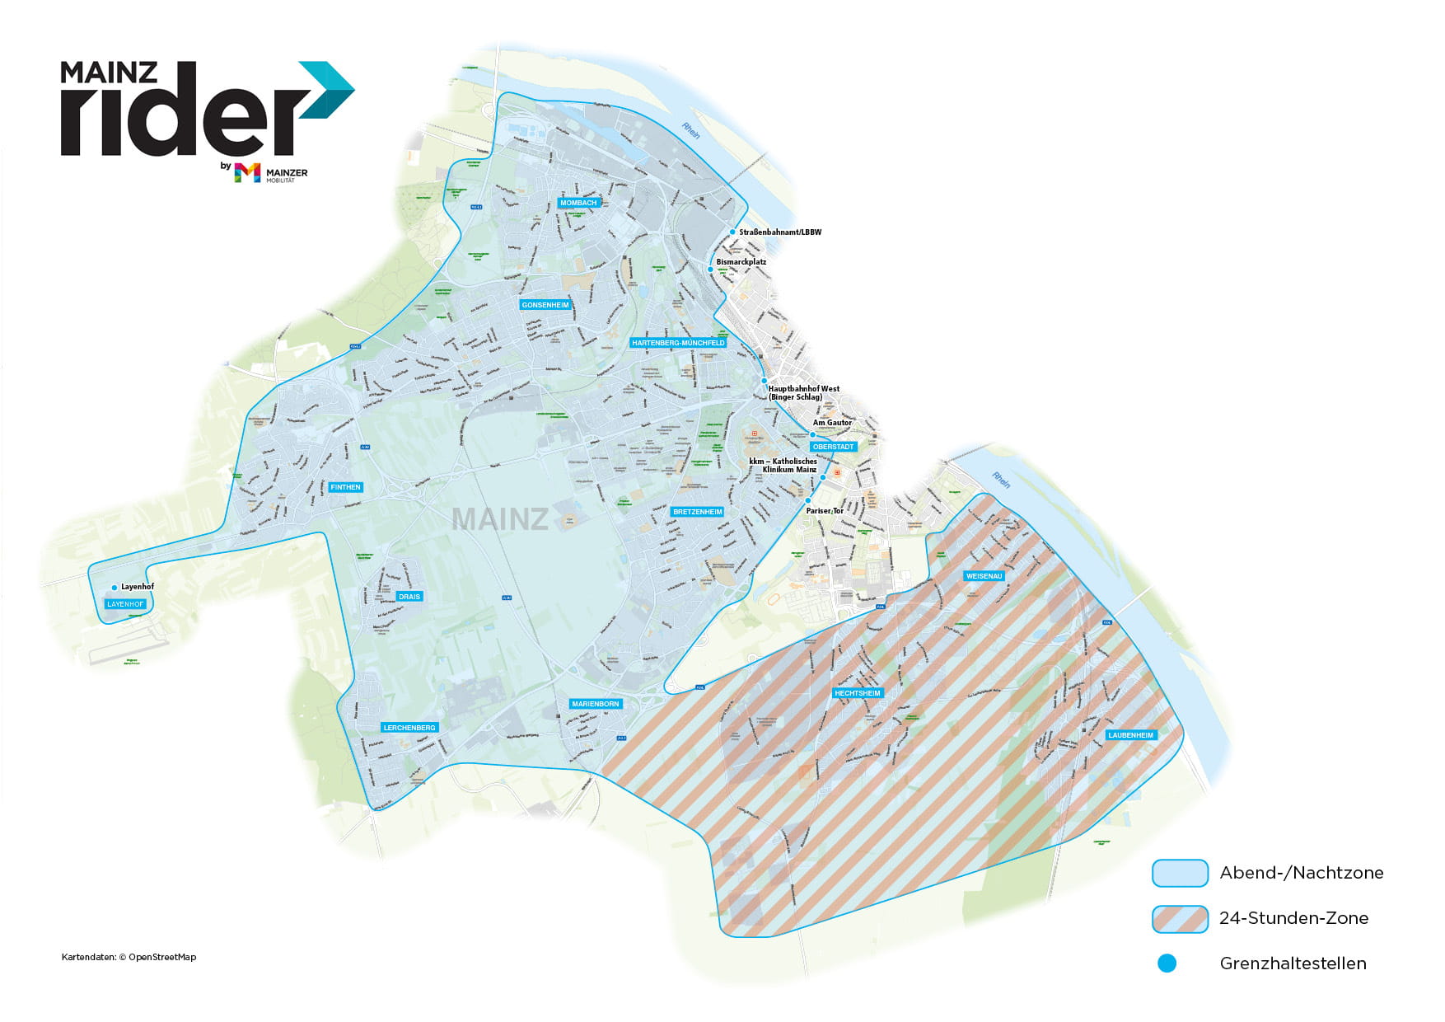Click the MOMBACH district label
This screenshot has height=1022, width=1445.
pos(578,203)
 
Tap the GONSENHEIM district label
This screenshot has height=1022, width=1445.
pos(545,305)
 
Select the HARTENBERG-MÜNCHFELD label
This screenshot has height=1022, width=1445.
pos(678,343)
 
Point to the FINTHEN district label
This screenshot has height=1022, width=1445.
pos(345,487)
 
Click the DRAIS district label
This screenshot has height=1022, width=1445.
pos(409,597)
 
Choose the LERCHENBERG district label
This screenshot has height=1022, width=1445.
pos(409,728)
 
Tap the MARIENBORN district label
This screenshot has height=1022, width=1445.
pos(596,704)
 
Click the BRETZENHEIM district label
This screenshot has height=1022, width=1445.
pos(698,512)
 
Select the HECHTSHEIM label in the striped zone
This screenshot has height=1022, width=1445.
pos(858,693)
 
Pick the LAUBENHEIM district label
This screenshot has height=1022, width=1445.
pos(1131,735)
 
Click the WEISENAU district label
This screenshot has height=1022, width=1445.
pos(984,576)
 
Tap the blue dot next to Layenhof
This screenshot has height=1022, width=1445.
pos(115,588)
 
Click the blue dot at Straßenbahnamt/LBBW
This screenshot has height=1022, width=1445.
pos(732,232)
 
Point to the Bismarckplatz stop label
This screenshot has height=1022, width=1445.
pos(741,262)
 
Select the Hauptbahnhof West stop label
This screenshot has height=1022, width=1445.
pos(803,392)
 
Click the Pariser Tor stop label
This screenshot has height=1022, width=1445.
pos(825,511)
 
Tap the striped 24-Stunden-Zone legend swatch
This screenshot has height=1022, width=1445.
pos(1179,918)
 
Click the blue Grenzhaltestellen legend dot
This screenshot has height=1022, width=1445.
pos(1167,963)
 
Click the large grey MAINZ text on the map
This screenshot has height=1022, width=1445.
pos(500,519)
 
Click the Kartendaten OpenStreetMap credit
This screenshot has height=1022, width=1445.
pos(129,957)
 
